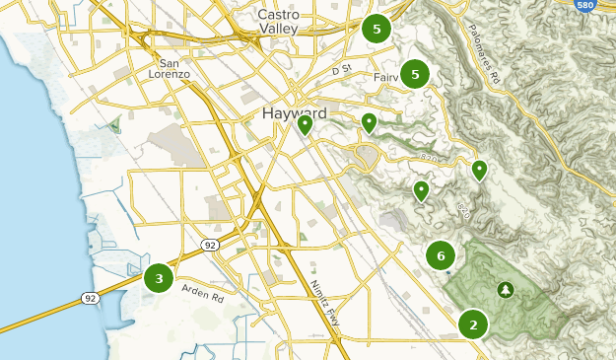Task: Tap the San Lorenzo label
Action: [173, 67]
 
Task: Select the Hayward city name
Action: [296, 113]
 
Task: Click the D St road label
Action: [341, 71]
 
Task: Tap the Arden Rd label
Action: [203, 290]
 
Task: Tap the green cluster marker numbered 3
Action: [159, 278]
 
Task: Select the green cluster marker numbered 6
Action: [441, 255]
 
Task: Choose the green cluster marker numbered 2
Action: [473, 324]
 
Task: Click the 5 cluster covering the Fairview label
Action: [416, 74]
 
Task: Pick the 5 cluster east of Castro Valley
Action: [376, 29]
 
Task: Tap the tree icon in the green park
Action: [506, 289]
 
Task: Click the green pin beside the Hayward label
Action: [306, 123]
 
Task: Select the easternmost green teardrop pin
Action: [480, 170]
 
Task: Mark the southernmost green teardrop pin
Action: [422, 189]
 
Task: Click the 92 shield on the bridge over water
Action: [91, 298]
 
